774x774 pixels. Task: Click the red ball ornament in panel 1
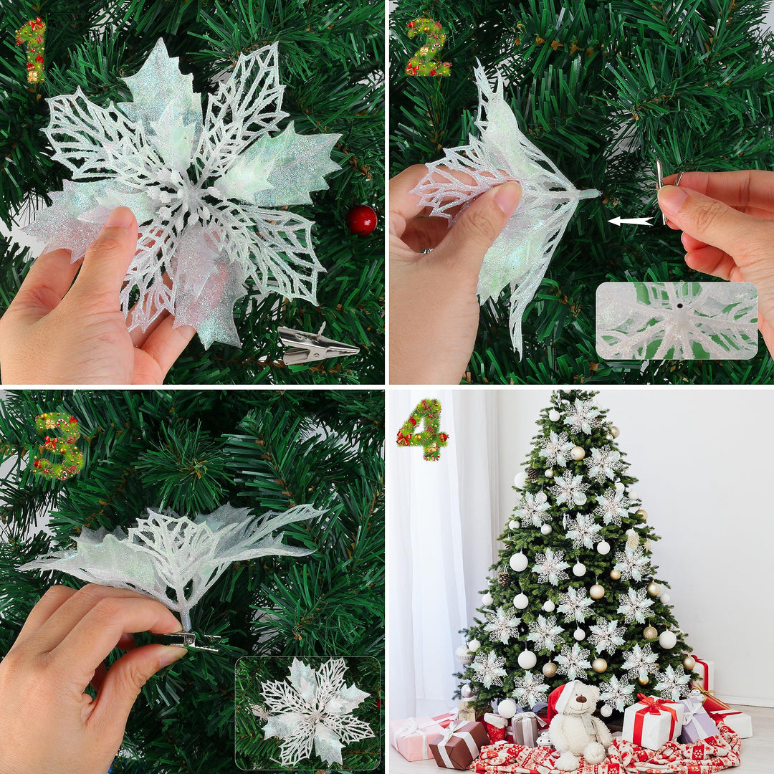coord(361,220)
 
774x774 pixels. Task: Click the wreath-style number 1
coord(32,49)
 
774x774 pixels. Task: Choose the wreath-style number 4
coord(423,429)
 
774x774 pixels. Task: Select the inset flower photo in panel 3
coord(308,712)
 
